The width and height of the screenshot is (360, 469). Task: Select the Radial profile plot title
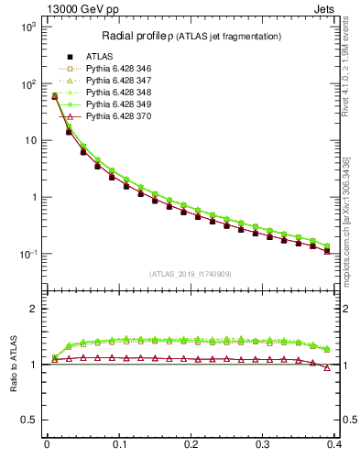tap(191, 36)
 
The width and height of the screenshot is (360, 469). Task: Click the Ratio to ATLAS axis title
tap(14, 364)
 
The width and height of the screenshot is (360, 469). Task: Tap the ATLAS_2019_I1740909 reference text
tap(191, 274)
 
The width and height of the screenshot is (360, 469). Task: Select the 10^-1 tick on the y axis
tap(27, 254)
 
